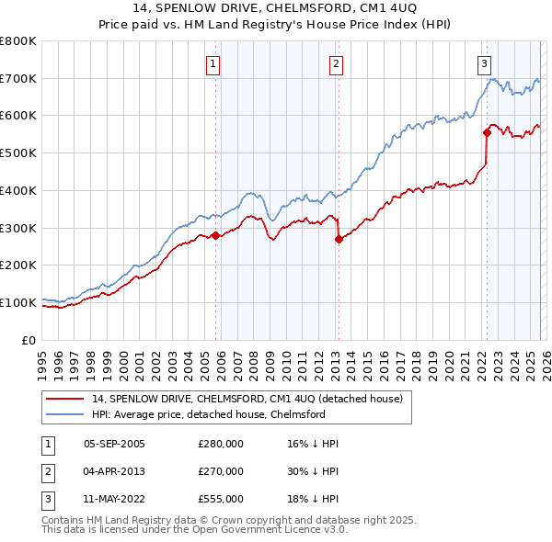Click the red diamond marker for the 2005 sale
(x=215, y=235)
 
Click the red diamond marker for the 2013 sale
(x=339, y=239)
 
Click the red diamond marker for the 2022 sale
(x=487, y=133)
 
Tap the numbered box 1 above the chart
(x=213, y=63)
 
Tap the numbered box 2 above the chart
(x=336, y=63)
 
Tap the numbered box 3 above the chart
(x=484, y=63)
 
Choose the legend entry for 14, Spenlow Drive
(x=247, y=399)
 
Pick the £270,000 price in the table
(x=220, y=471)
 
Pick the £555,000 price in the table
(x=220, y=499)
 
